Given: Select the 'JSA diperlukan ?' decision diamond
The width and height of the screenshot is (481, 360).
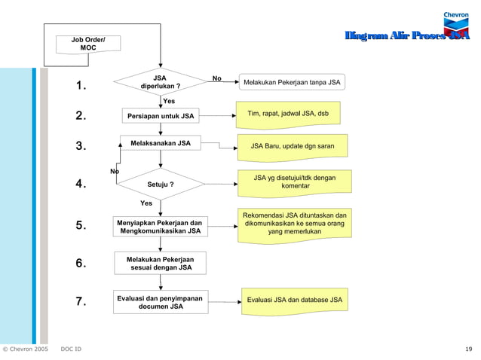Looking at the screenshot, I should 160,82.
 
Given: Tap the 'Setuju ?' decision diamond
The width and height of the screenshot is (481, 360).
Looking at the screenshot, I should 160,184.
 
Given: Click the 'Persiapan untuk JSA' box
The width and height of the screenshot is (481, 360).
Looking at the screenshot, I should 160,117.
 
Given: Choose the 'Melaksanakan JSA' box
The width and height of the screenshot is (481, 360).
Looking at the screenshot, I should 160,143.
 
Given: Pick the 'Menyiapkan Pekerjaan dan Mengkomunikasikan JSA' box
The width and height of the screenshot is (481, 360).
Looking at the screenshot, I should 160,227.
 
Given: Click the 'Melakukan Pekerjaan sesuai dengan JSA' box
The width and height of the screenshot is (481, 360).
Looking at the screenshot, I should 160,263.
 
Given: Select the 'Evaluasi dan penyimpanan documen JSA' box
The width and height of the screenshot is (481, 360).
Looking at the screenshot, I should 160,302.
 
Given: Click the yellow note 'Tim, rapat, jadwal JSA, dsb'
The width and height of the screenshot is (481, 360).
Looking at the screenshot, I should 287,114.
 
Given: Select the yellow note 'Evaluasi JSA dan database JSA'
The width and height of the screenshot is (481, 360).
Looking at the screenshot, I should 294,301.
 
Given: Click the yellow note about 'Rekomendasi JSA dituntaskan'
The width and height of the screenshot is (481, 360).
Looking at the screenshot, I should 294,224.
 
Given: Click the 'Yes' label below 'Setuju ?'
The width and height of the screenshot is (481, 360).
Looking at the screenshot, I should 146,203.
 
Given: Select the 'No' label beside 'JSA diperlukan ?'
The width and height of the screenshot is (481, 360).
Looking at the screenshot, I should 217,78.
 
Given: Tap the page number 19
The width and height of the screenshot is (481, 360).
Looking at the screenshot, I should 469,349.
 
